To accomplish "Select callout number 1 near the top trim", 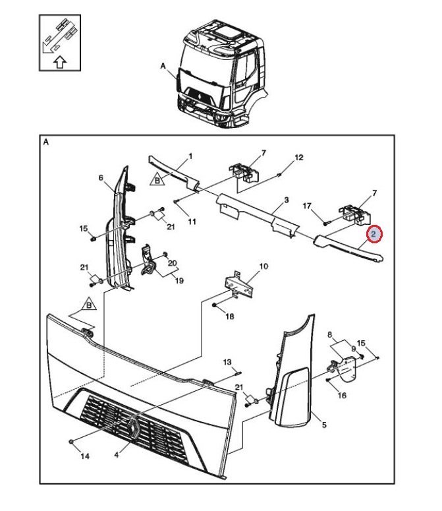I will click(190, 156).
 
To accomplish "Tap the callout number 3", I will click(287, 199).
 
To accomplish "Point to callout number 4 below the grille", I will click(117, 454).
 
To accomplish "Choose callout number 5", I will click(323, 425).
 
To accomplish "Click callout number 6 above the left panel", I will click(101, 177).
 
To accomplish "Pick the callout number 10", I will click(263, 267).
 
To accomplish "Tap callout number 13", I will click(227, 363).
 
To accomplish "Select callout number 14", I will click(84, 456).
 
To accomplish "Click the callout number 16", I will click(342, 396).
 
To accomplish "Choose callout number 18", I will click(230, 316).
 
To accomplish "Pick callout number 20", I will click(173, 263).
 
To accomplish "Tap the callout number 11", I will click(192, 222).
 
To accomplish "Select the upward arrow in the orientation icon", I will click(59, 63).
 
